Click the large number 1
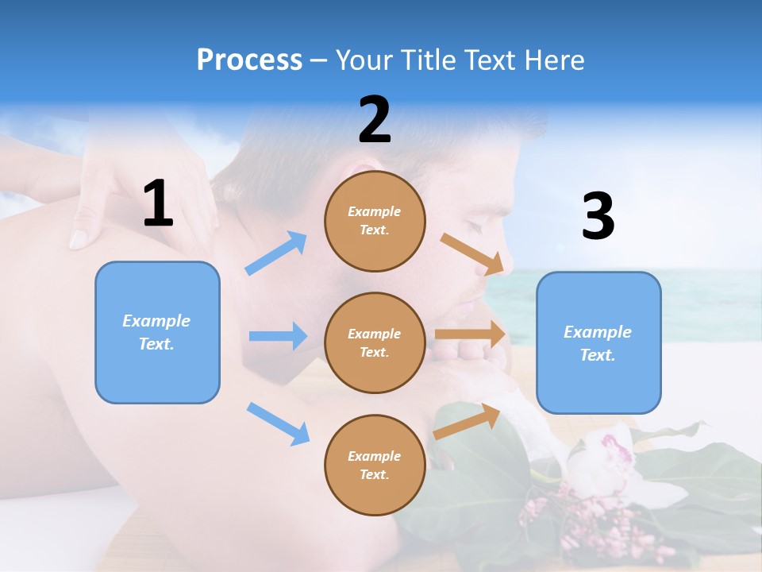click(158, 204)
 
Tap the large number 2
click(375, 121)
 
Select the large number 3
click(598, 217)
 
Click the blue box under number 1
click(157, 332)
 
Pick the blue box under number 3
click(598, 342)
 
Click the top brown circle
click(375, 221)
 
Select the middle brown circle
click(375, 342)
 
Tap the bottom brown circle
click(375, 465)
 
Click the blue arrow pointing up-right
click(275, 253)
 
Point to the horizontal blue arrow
click(278, 336)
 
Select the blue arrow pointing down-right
click(278, 423)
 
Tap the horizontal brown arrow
click(470, 334)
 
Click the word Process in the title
click(249, 60)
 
